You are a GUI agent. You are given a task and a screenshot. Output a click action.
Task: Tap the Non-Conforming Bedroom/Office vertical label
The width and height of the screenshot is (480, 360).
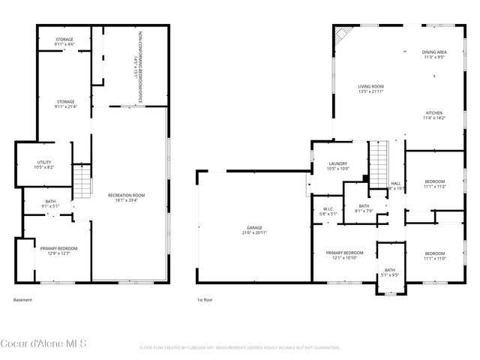click(138, 56)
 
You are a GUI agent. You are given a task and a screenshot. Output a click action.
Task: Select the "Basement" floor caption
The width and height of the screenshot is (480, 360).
click(23, 300)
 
